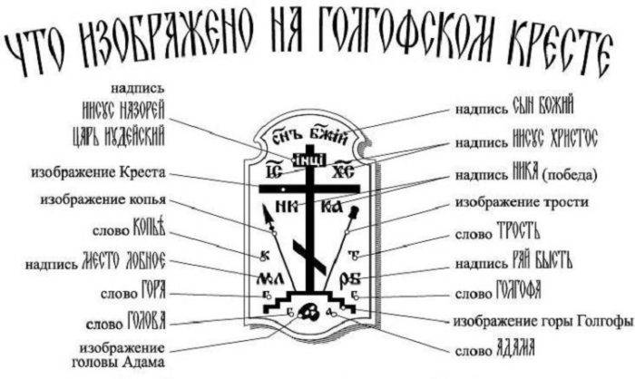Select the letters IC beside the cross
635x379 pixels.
pyautogui.click(x=270, y=171)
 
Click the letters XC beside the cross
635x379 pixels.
pyautogui.click(x=341, y=171)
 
